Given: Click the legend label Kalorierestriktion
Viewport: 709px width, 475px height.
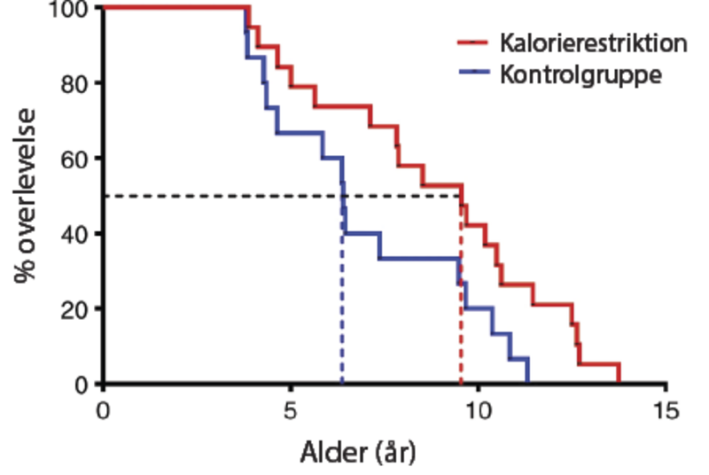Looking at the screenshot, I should coord(593,43).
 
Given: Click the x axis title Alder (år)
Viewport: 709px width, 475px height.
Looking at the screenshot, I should coord(352,452).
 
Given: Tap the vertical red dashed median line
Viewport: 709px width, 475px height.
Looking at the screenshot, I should coord(460,301).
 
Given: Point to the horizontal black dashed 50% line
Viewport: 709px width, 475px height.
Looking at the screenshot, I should coord(222,196).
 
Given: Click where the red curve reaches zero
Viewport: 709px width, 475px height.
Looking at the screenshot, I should coord(619,383).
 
